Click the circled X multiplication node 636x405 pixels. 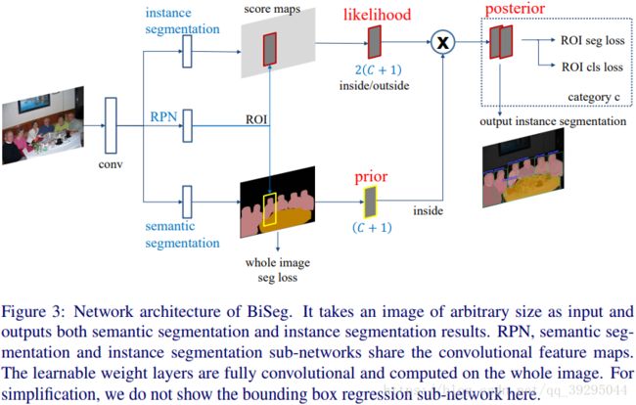[442, 42]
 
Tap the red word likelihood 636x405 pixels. [378, 15]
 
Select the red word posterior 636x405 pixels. [515, 9]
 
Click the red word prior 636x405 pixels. [371, 177]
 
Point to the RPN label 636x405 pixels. [163, 116]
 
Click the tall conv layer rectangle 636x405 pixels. [111, 125]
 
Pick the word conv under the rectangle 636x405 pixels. [111, 164]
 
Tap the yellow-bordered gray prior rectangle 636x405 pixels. [370, 202]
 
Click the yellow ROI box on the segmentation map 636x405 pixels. [270, 209]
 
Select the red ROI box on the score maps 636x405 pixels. [270, 49]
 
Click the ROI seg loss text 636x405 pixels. [593, 40]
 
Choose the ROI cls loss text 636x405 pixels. [592, 67]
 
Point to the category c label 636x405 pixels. [593, 97]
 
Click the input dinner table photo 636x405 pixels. [43, 125]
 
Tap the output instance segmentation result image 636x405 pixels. [522, 168]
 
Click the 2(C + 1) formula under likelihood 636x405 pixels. [378, 69]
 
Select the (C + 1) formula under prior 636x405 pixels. [372, 227]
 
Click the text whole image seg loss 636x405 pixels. [278, 270]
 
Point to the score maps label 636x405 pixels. [272, 9]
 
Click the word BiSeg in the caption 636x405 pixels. [269, 312]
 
